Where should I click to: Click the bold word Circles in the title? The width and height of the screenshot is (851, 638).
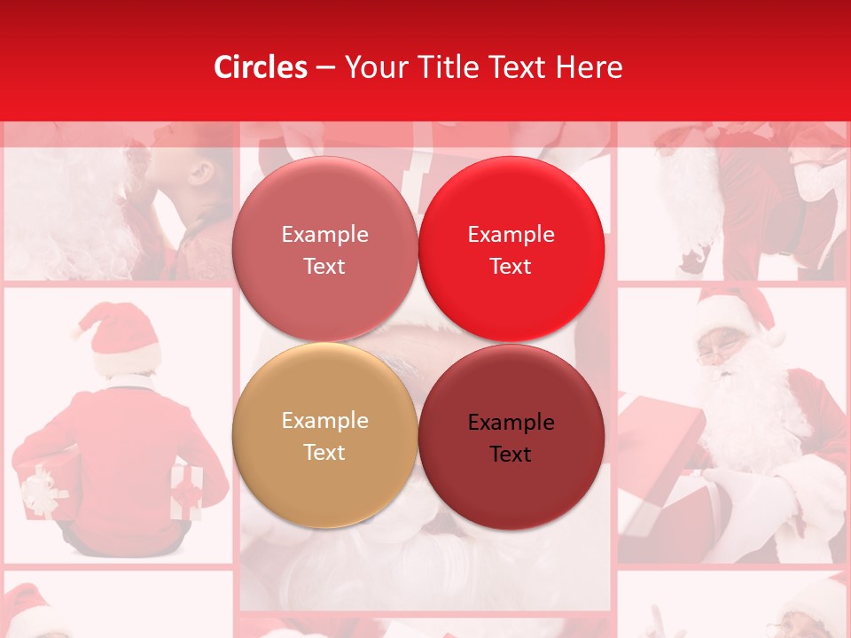click(261, 67)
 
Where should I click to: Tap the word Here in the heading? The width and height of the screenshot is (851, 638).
click(590, 67)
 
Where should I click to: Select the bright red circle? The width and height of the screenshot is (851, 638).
click(511, 248)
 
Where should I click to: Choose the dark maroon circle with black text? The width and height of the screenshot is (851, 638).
click(511, 436)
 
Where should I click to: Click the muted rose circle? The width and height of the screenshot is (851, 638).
click(324, 248)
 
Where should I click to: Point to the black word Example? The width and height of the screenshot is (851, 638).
click(511, 423)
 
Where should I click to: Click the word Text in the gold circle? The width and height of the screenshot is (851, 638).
click(324, 452)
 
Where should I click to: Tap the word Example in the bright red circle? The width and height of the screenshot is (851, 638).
click(511, 235)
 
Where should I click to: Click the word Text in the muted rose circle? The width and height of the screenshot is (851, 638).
click(324, 267)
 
